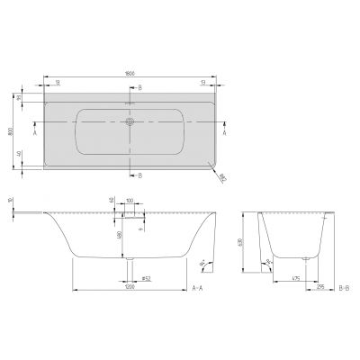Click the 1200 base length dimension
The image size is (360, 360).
(x=132, y=288)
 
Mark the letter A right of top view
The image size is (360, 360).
(x=224, y=131)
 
